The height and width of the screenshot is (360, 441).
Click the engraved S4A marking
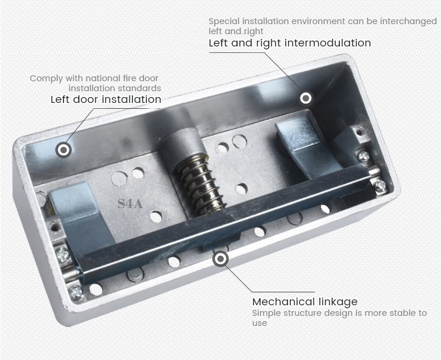pos(130,204)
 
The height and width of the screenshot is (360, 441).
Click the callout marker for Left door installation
pos(64,150)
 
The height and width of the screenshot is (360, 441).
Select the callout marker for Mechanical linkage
pos(220,258)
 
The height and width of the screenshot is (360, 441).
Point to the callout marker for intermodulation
pos(306,98)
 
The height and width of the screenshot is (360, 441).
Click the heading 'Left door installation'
pos(106,99)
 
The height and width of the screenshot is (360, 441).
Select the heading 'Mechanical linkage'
pos(305,302)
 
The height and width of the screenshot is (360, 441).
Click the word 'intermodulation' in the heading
pos(328,43)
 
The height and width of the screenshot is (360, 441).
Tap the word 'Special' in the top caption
pos(224,22)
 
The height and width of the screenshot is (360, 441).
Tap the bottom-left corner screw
pos(76,292)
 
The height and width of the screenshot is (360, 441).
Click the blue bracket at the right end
pos(306,146)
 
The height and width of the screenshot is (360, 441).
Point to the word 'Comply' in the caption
pos(46,79)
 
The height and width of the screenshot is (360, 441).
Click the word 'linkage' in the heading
pos(338,302)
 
